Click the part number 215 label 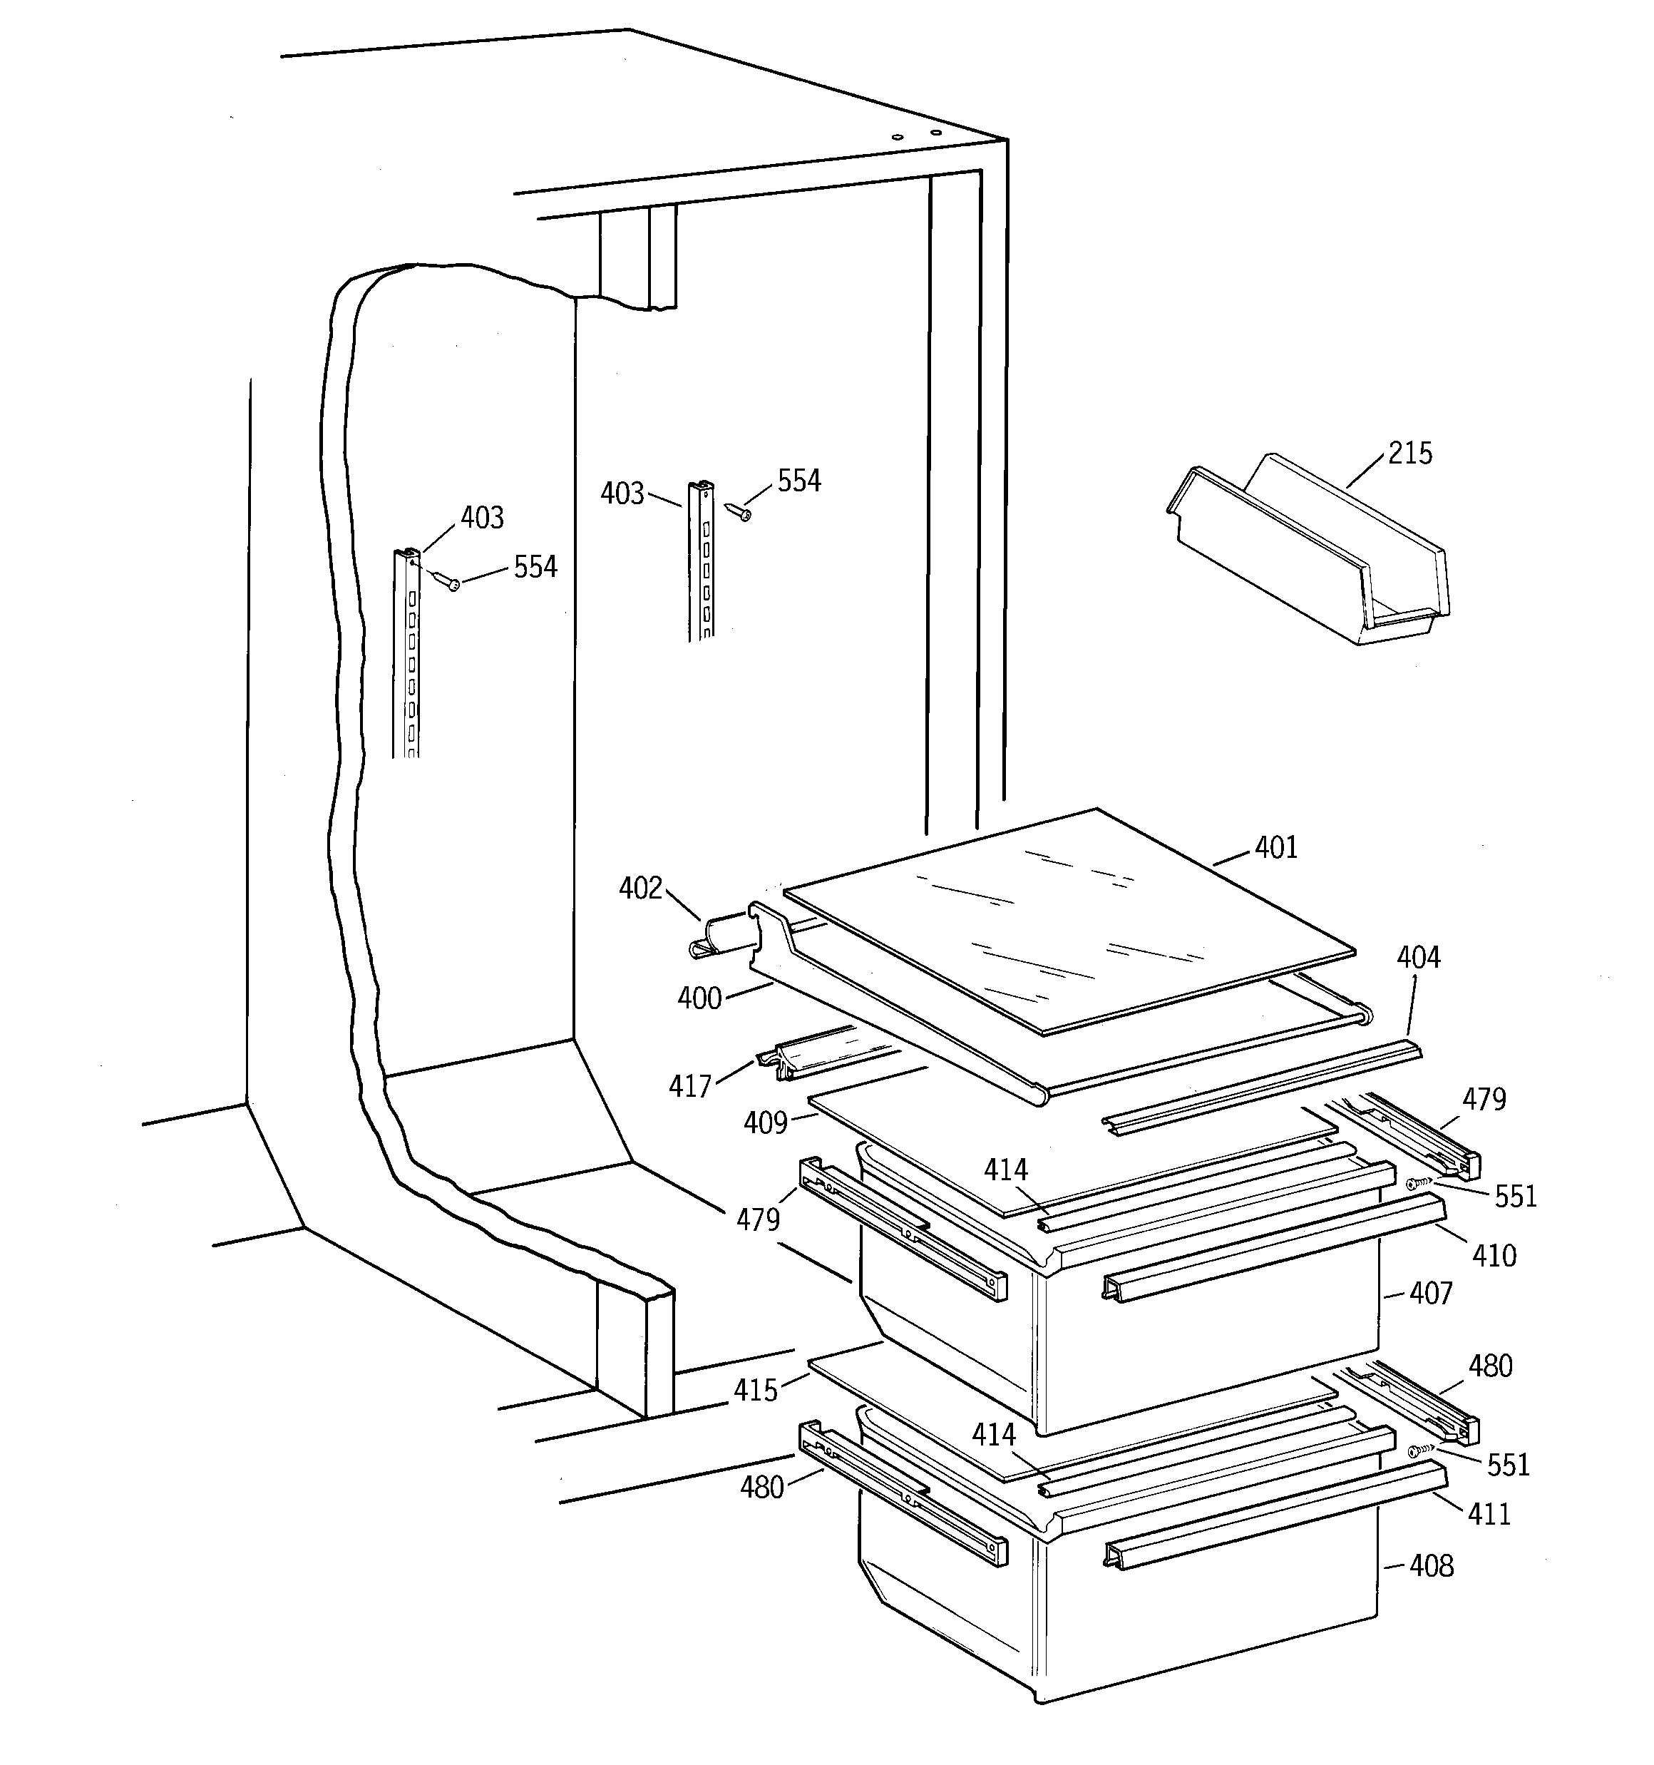pyautogui.click(x=1410, y=454)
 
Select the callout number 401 pyautogui.click(x=1276, y=848)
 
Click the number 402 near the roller pyautogui.click(x=640, y=888)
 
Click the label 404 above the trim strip pyautogui.click(x=1418, y=957)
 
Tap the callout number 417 pyautogui.click(x=690, y=1086)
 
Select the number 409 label pyautogui.click(x=765, y=1123)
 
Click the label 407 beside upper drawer pyautogui.click(x=1430, y=1294)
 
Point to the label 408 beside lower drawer pyautogui.click(x=1431, y=1565)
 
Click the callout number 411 pyautogui.click(x=1489, y=1514)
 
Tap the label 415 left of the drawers pyautogui.click(x=755, y=1389)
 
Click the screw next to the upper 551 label pyautogui.click(x=1419, y=1184)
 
